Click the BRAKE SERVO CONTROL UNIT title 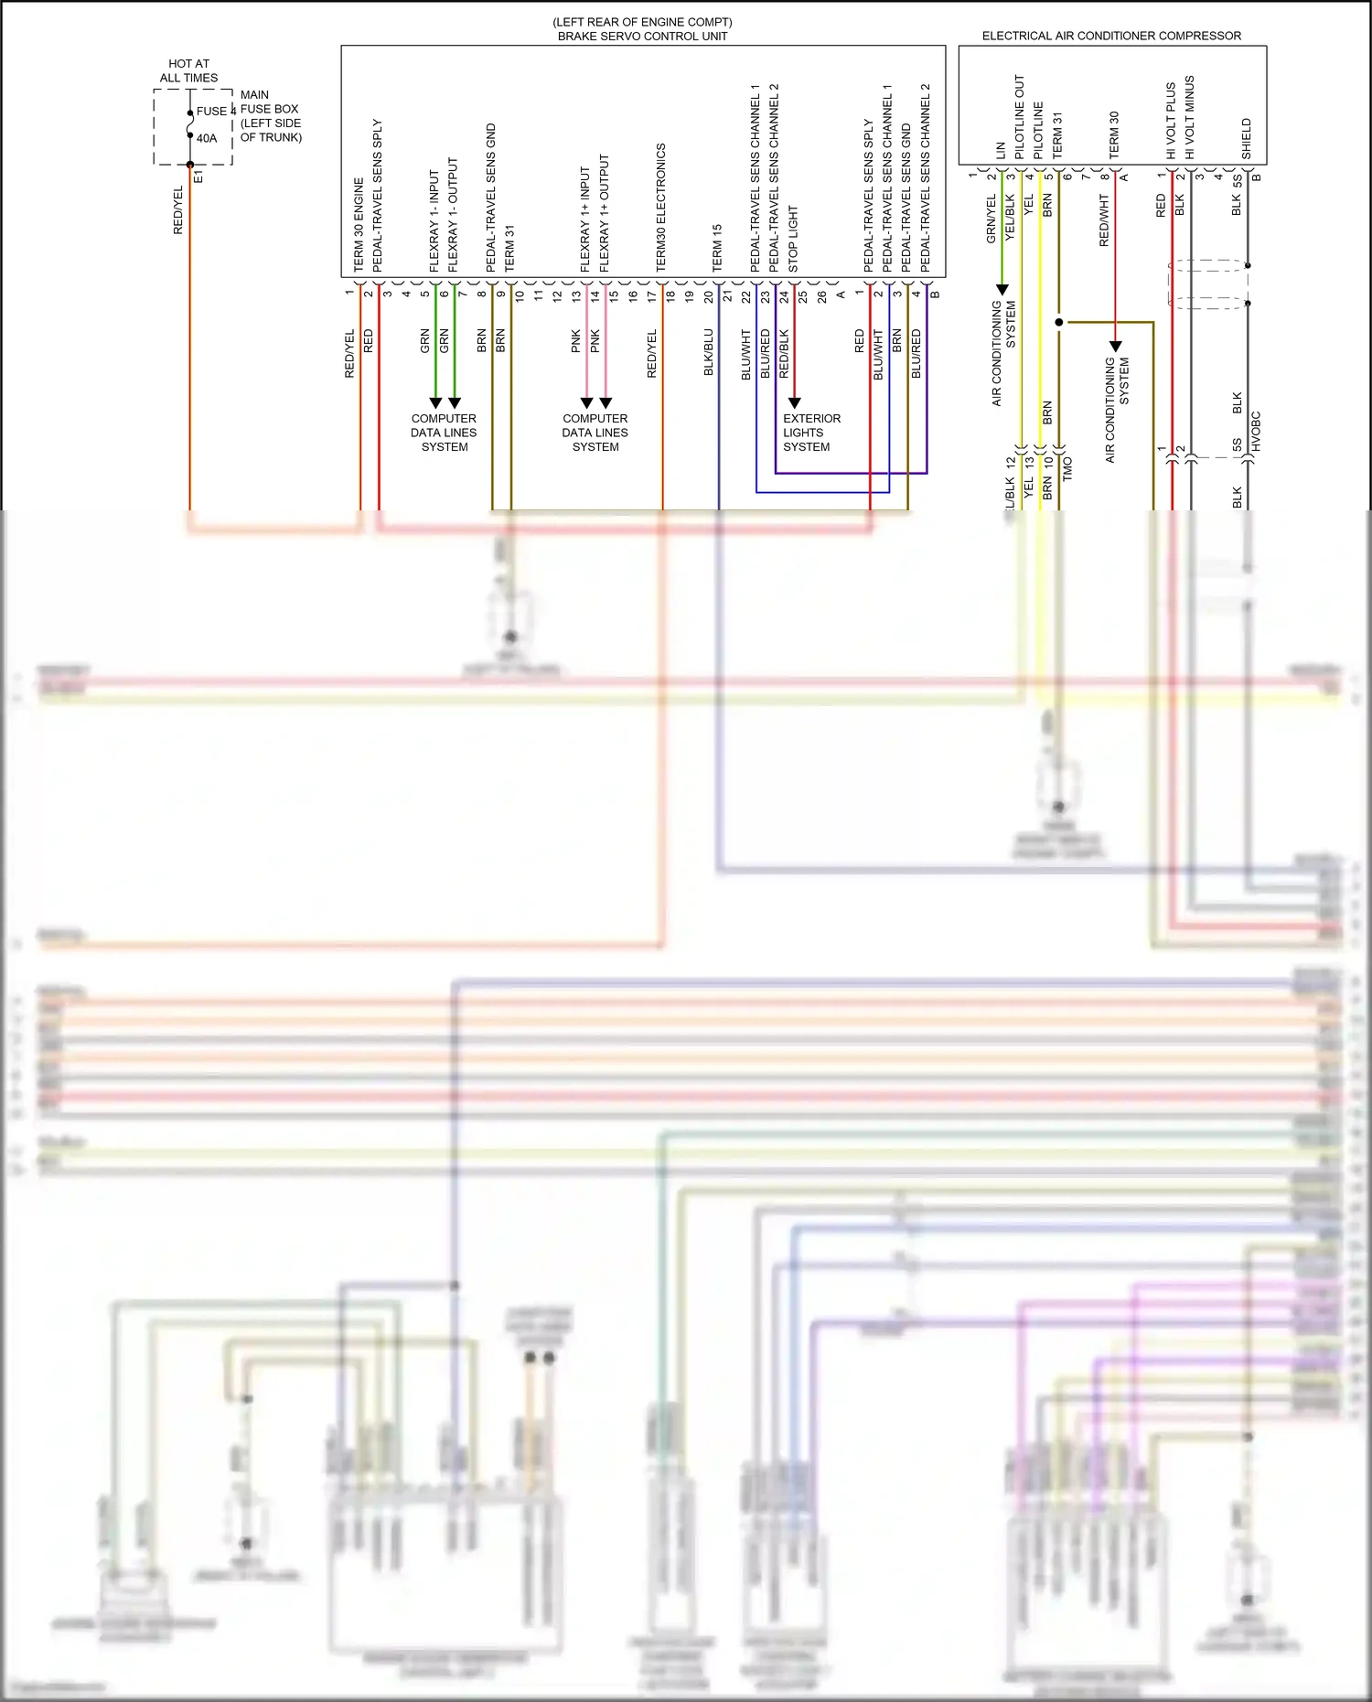(642, 37)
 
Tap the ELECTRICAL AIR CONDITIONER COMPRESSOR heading (1111, 36)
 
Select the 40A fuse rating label (207, 138)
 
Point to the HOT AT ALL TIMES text (188, 70)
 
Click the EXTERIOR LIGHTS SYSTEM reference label (810, 433)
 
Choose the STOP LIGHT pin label (793, 239)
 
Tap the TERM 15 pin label (717, 248)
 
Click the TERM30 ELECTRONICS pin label (660, 208)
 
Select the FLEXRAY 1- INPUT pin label (434, 220)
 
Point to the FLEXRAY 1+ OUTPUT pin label (604, 213)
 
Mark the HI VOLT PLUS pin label (1171, 121)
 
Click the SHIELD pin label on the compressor (1246, 138)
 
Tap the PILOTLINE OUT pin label (1020, 117)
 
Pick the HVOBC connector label (1256, 431)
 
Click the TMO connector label (1067, 469)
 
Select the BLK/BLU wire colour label (708, 353)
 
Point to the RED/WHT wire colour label (1104, 220)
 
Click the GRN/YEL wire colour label (991, 219)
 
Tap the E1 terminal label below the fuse (198, 177)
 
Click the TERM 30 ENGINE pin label (359, 225)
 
